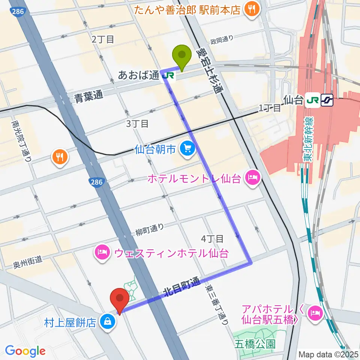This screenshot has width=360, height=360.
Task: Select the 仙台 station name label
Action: [x=294, y=100]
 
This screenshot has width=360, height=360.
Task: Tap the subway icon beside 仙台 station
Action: [x=327, y=100]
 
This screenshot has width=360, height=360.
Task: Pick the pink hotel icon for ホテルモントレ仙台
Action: [x=251, y=178]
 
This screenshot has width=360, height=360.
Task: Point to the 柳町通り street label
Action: [x=150, y=229]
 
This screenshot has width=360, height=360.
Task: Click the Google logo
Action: [x=25, y=351]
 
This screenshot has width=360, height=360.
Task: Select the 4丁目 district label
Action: [x=212, y=238]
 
